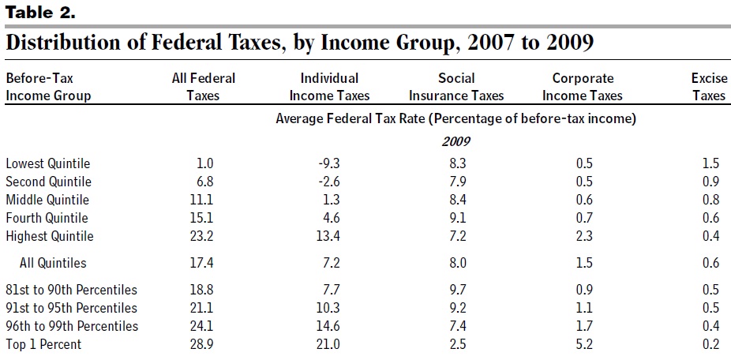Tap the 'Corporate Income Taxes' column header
[583, 87]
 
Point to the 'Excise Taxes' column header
[708, 87]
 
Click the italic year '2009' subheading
[456, 142]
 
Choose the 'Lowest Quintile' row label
[47, 164]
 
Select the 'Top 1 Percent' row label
[43, 344]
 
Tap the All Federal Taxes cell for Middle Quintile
[204, 201]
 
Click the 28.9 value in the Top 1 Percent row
[204, 344]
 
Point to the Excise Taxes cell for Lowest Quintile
[710, 164]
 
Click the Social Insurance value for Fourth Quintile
[456, 219]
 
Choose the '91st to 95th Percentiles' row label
[71, 308]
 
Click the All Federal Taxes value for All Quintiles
[204, 262]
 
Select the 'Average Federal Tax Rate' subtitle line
[456, 119]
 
